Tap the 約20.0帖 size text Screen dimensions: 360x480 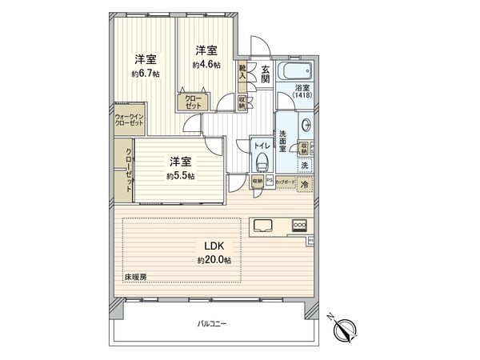[x=214, y=261]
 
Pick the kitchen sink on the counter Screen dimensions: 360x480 [x=264, y=226]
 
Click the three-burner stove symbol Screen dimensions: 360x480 [x=300, y=226]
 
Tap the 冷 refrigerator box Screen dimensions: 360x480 [x=306, y=183]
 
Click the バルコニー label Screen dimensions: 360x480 [x=213, y=324]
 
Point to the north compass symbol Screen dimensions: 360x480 [x=346, y=328]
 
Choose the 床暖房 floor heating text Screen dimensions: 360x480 [x=135, y=277]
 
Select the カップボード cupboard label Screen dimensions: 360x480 [x=283, y=183]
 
